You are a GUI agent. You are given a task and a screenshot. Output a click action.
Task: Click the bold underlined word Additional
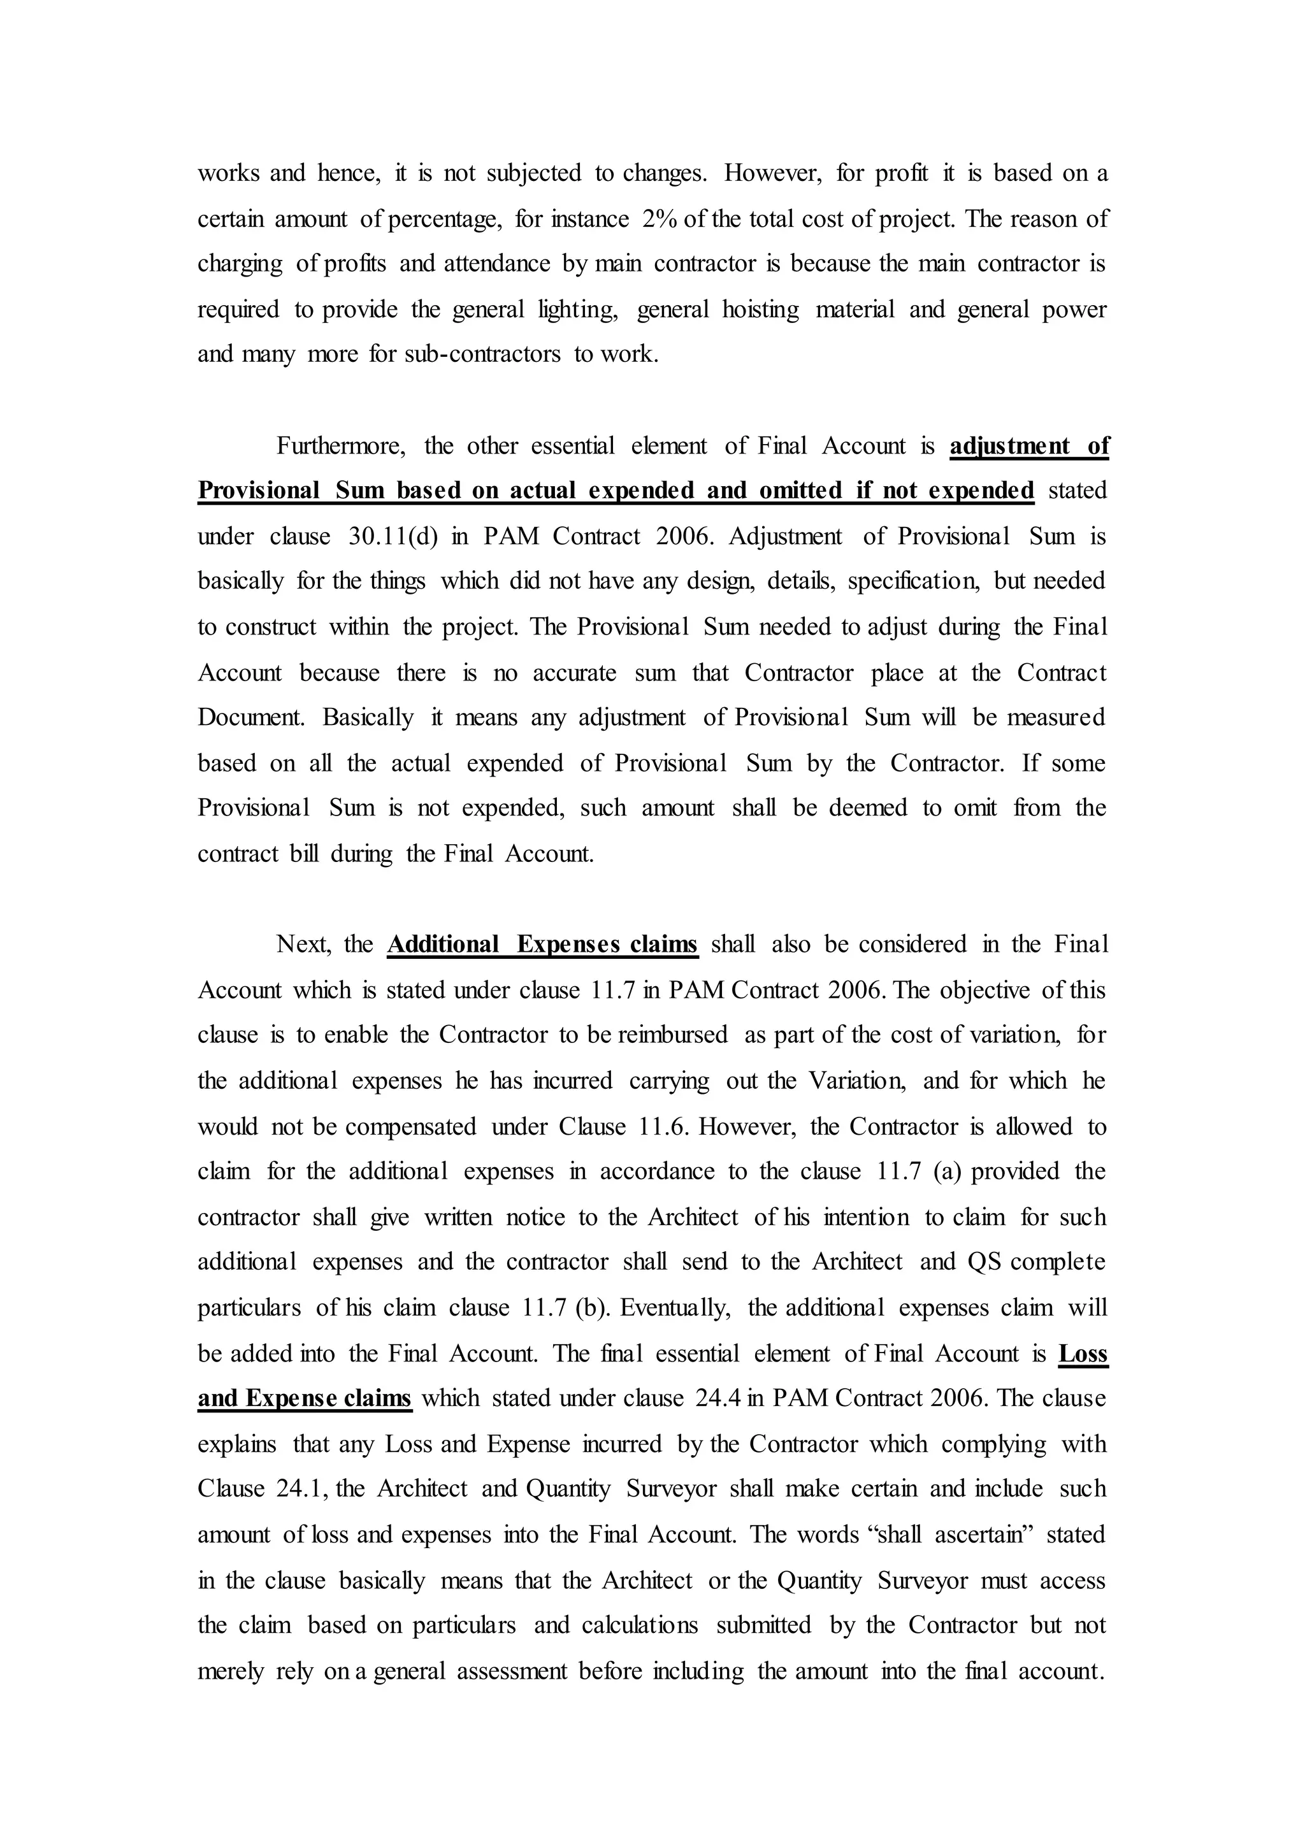443,944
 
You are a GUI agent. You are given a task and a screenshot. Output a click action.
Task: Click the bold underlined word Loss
1083,1353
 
